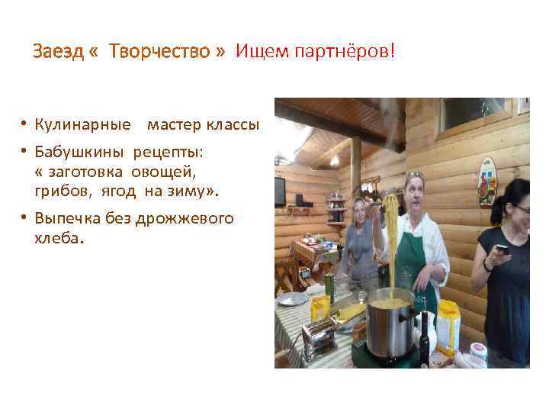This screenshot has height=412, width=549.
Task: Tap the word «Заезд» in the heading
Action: (58, 52)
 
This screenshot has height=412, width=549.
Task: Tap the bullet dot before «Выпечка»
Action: (25, 218)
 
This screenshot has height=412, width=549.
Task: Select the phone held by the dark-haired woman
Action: (502, 249)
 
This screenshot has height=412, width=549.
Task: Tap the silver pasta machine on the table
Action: (319, 336)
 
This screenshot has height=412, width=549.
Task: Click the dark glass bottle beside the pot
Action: (424, 335)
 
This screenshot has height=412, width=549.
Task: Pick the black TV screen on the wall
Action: (279, 190)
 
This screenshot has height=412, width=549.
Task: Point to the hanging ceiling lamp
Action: (334, 160)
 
